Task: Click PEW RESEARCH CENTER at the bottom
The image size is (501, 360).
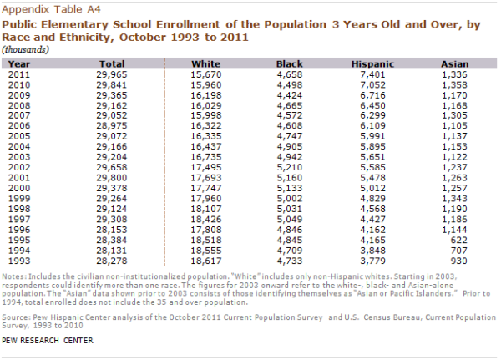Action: [x=48, y=341]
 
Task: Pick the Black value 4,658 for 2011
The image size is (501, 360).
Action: [x=288, y=74]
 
